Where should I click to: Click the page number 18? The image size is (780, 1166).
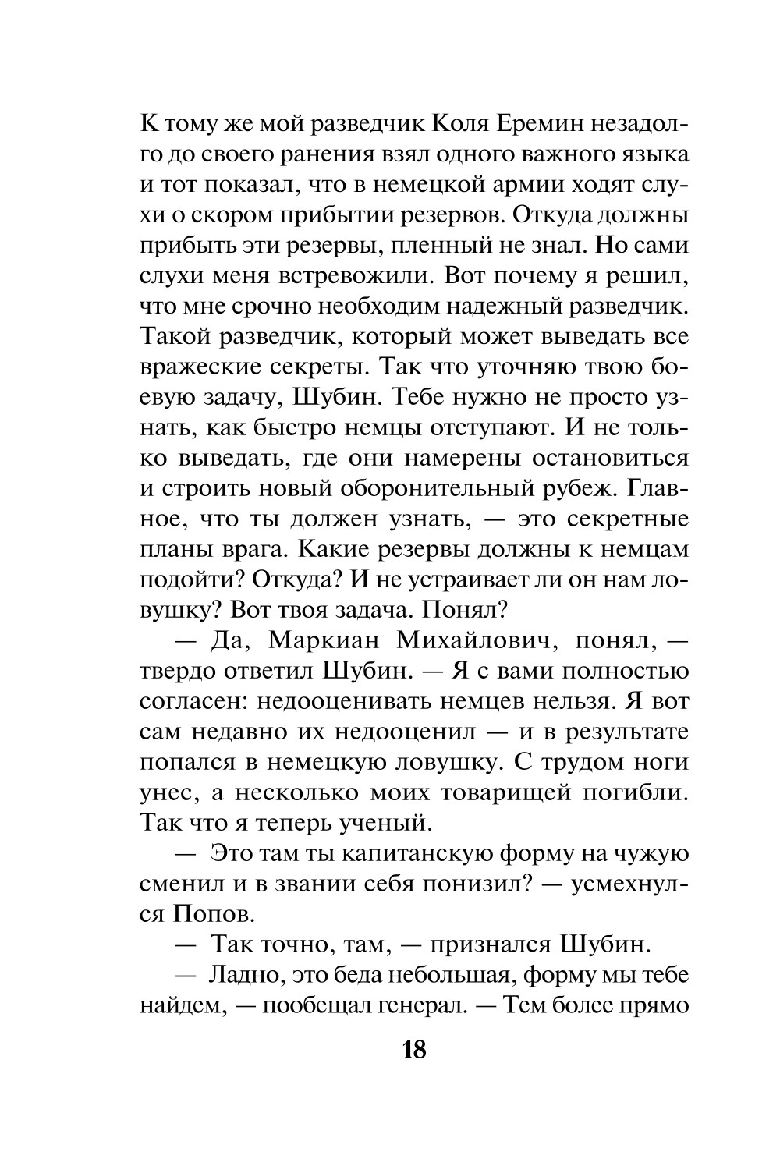(414, 1051)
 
